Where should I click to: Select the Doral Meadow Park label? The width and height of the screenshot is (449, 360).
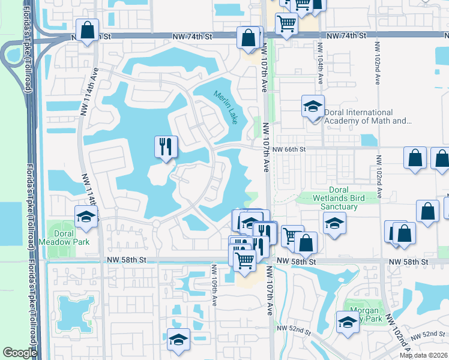tap(63, 237)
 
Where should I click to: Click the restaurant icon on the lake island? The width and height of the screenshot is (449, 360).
tap(165, 146)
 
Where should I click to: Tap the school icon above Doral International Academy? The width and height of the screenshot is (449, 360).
tap(312, 106)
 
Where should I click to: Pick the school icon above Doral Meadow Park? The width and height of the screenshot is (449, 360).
tap(86, 217)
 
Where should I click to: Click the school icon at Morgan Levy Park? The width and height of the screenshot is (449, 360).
tap(348, 322)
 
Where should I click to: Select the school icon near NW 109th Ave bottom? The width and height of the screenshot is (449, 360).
tap(178, 339)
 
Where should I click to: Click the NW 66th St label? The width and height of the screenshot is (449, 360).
tap(289, 149)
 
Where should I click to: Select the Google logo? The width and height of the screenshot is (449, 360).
tap(20, 353)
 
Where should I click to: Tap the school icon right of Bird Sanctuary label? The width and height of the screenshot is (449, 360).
tap(334, 224)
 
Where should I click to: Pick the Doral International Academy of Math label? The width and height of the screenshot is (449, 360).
tap(367, 116)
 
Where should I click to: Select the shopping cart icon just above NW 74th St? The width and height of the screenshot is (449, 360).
tap(287, 24)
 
